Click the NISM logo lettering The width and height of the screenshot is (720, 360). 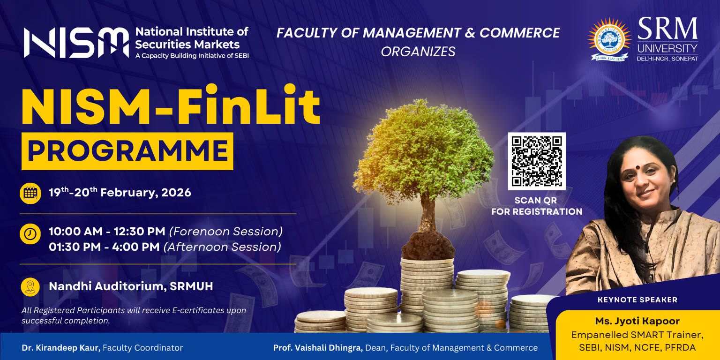76,43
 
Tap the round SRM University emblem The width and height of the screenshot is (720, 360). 609,39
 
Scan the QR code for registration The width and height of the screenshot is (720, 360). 537,161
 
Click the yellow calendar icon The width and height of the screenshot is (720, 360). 30,193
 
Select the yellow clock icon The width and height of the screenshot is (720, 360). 30,234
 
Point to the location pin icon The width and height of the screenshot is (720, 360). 30,287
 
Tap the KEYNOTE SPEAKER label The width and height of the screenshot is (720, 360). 637,300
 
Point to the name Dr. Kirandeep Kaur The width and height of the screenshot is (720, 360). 61,348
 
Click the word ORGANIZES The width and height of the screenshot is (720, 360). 418,52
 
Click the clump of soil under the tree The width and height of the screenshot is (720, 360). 428,246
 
